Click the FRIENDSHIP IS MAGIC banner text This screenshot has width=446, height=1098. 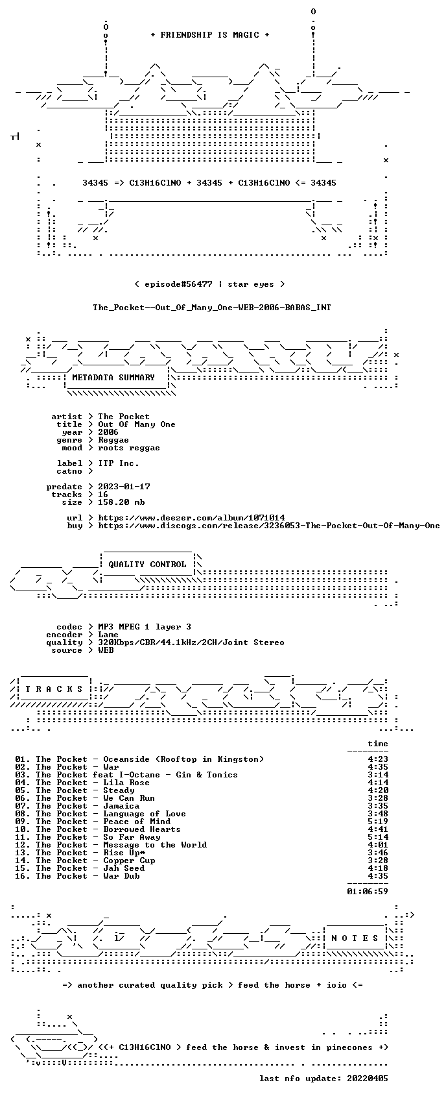(210, 35)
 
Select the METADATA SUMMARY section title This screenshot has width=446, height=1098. (113, 378)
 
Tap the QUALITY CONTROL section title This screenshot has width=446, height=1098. (147, 564)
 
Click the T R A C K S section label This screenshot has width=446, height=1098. (54, 689)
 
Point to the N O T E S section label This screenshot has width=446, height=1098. (355, 938)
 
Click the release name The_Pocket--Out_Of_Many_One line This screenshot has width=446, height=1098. (212, 308)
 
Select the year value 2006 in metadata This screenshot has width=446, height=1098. (108, 432)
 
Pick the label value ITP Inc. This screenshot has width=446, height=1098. (119, 463)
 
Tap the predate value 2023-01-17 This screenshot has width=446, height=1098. (124, 486)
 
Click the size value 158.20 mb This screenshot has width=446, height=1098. (121, 502)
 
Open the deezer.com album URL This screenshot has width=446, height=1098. (191, 518)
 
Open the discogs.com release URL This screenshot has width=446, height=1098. (269, 526)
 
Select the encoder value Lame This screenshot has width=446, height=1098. (108, 634)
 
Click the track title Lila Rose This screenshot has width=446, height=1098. (126, 783)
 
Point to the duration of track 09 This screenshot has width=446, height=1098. (378, 822)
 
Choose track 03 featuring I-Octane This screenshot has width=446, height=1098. (126, 774)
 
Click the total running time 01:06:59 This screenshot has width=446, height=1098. (368, 891)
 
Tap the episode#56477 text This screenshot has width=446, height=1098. (178, 284)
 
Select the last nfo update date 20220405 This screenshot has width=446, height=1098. (368, 1079)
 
